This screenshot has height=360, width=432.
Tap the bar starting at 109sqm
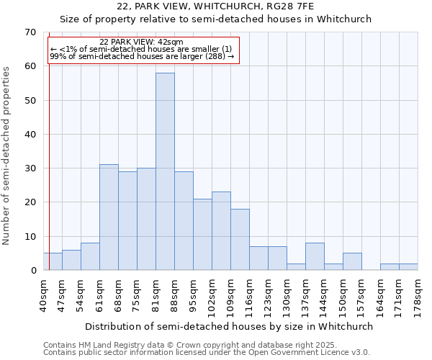click(x=240, y=239)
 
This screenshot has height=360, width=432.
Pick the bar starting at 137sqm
click(x=315, y=256)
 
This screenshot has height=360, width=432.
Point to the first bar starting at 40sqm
click(x=53, y=261)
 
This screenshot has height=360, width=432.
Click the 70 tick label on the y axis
click(x=30, y=32)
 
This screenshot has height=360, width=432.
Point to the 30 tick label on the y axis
click(x=30, y=168)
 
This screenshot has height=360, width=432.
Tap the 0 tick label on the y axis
click(x=33, y=271)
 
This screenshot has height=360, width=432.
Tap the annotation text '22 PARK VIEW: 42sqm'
click(x=141, y=42)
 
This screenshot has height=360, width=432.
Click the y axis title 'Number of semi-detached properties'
click(x=7, y=155)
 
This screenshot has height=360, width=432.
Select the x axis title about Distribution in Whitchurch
click(x=229, y=326)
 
